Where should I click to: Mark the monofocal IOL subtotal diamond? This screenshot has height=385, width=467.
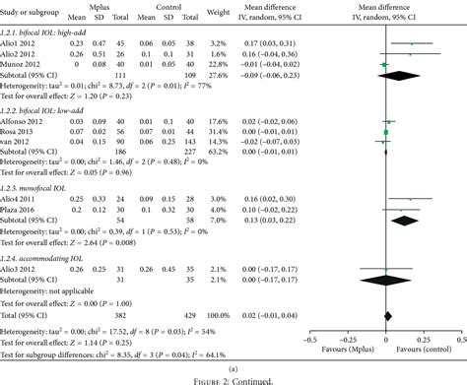click(x=403, y=220)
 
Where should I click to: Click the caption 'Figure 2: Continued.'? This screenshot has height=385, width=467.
click(x=233, y=378)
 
